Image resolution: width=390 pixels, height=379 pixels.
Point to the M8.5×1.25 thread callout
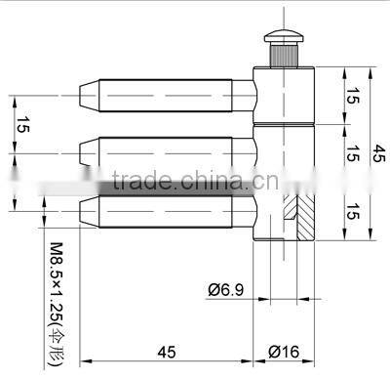tap(56, 283)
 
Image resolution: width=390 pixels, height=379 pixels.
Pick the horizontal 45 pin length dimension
tap(166, 350)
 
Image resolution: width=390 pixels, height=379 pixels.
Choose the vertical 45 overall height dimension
tap(379, 154)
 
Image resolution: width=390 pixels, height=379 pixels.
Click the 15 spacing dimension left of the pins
tap(22, 124)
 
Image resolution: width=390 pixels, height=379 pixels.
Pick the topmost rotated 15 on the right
tap(351, 95)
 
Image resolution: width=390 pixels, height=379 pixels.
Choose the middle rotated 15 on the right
tap(351, 153)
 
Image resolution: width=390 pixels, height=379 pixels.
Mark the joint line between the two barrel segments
tap(285, 127)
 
